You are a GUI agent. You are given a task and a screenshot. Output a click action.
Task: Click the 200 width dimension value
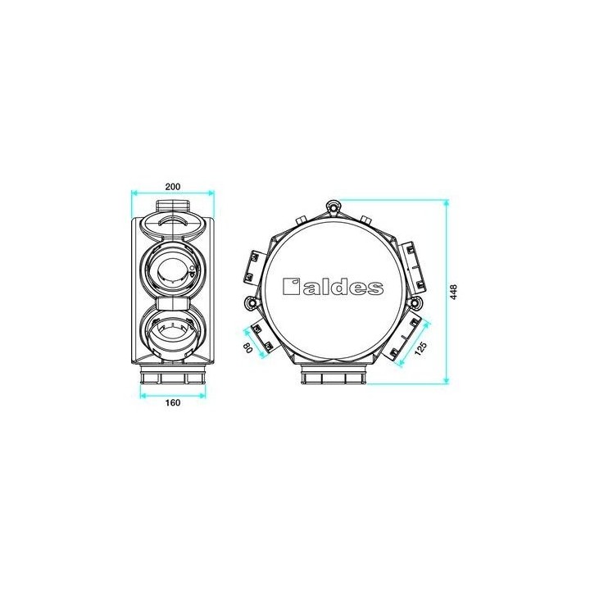[x=172, y=185]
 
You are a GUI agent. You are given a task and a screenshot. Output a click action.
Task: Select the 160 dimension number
[x=173, y=402]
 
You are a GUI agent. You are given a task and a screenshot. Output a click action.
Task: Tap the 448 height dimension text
[x=454, y=292]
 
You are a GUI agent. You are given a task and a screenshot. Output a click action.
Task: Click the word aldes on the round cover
[x=344, y=287]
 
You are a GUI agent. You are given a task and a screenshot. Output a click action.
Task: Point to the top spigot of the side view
[x=172, y=204]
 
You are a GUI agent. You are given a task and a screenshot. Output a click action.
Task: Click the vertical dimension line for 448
[x=446, y=292]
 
